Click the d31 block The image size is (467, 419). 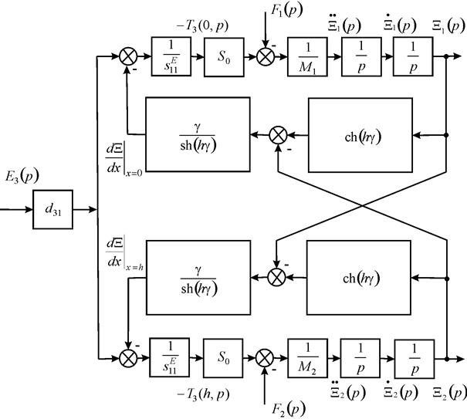[52, 210]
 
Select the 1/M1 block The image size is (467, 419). [307, 57]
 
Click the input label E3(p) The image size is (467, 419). [22, 177]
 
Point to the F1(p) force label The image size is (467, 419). [286, 11]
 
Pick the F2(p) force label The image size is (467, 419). [288, 409]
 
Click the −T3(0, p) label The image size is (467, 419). [202, 26]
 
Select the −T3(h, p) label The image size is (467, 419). [203, 395]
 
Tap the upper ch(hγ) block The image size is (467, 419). [360, 135]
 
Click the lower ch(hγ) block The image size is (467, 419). [359, 278]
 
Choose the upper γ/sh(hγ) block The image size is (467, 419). [198, 134]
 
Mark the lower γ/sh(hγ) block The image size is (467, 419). [198, 278]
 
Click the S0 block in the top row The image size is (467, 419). [224, 57]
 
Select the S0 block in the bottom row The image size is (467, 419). [223, 358]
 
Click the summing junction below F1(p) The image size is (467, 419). [266, 56]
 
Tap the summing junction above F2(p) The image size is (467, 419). [265, 358]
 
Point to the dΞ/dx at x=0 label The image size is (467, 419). [124, 160]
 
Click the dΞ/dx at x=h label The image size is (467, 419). [124, 253]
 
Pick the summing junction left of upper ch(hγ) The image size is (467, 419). [278, 135]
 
